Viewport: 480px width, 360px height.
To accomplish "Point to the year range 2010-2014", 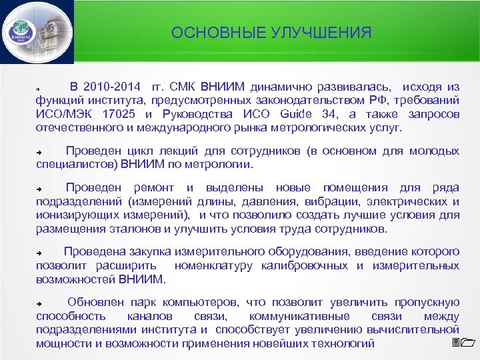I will click(x=112, y=87).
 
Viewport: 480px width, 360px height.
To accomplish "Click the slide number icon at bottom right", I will click(x=461, y=343).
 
